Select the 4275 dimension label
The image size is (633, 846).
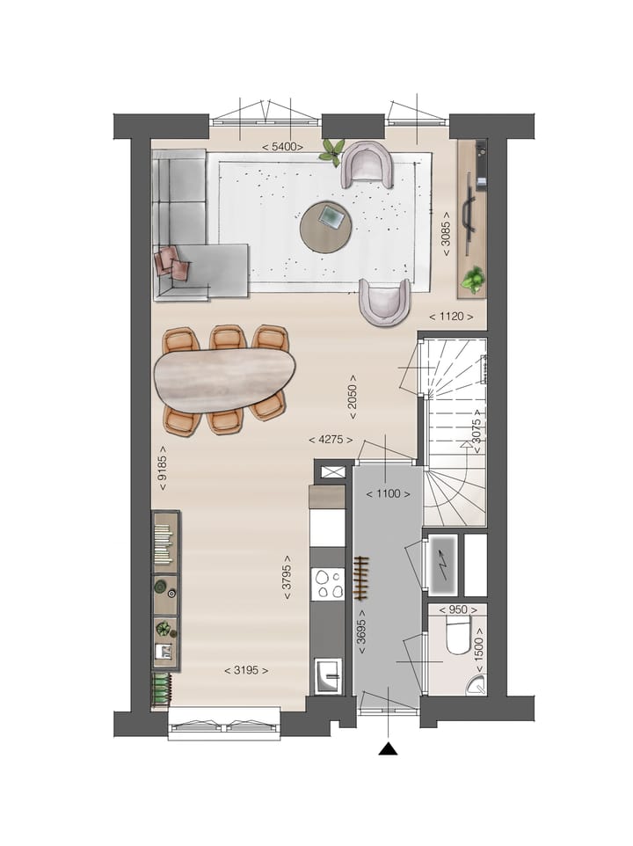331,439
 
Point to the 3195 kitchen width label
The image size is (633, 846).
245,670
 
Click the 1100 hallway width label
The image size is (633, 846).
389,493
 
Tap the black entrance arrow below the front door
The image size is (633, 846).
388,748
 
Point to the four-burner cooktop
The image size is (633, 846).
328,584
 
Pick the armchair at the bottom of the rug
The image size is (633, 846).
384,301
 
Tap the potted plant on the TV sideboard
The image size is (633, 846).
474,279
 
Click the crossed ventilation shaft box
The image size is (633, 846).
333,472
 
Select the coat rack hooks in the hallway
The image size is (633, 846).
359,576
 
